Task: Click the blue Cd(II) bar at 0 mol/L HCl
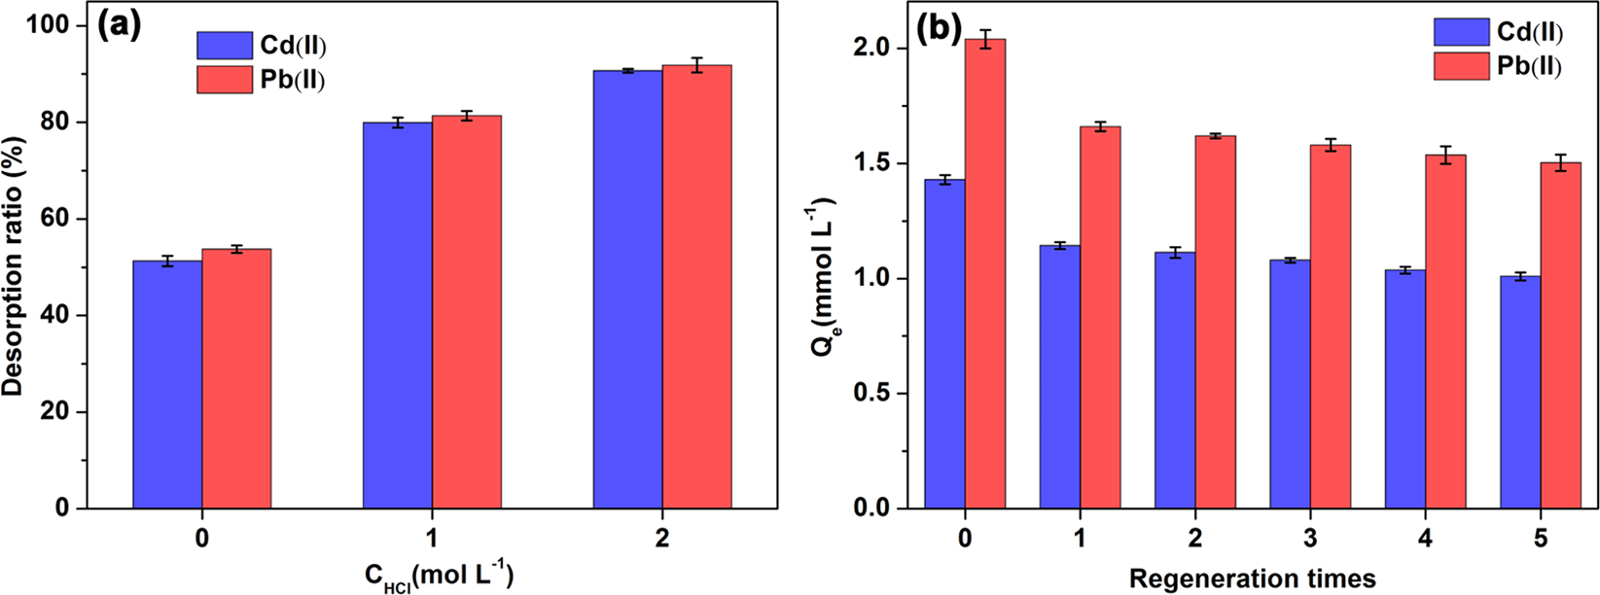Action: [167, 384]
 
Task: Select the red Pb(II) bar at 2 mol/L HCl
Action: [696, 287]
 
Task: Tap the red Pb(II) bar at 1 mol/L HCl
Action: [467, 311]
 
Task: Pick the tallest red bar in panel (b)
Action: [985, 272]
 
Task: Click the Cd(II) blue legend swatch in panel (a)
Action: [225, 46]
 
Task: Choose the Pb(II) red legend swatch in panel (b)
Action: [1461, 66]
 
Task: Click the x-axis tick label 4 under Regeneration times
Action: [1425, 538]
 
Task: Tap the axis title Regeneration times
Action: [1252, 578]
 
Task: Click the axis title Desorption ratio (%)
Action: [15, 267]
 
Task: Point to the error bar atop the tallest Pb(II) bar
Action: [985, 39]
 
